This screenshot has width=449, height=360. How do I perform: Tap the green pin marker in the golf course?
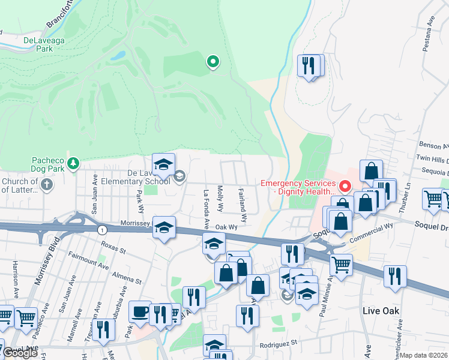[212, 61]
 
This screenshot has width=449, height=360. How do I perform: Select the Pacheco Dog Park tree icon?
[73, 163]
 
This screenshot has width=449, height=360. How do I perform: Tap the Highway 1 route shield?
[103, 230]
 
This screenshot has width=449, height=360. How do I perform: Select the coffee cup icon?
[139, 311]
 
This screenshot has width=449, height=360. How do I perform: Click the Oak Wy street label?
[227, 227]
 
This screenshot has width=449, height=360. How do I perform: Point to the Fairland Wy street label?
[243, 203]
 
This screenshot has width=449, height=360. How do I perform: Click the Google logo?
[20, 353]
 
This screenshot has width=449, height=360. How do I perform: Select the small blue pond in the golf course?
[118, 56]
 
